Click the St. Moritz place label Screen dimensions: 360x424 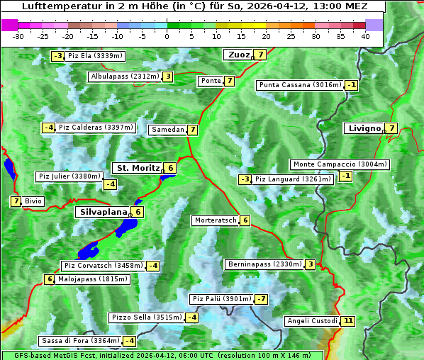138,168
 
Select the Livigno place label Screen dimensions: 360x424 364,128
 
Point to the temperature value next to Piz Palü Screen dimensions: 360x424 262,299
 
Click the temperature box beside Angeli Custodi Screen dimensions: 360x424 347,321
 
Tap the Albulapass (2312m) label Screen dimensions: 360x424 125,77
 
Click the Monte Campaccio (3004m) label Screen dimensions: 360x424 340,164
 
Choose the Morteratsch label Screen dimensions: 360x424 216,220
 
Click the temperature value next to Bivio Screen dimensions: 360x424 16,201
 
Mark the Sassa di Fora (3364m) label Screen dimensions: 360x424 78,341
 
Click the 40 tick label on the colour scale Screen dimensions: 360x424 365,35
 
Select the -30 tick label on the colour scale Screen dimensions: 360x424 18,35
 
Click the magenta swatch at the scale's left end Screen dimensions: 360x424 10,24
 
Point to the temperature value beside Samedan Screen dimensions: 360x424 192,130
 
